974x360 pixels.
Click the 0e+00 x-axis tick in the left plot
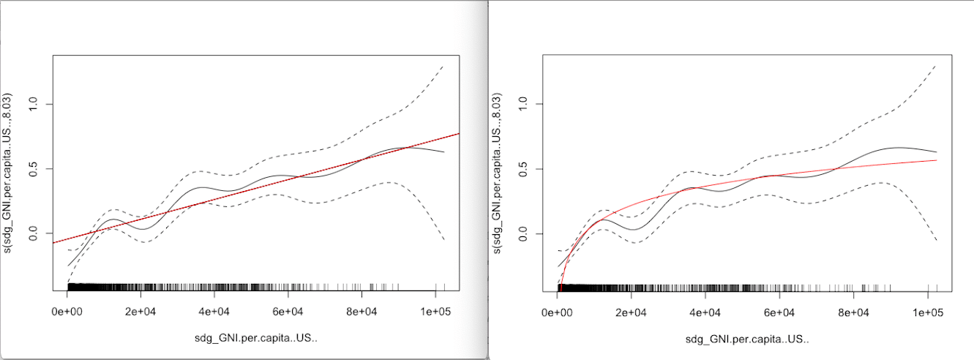[x=67, y=312]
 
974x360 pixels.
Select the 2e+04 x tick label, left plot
[x=141, y=312]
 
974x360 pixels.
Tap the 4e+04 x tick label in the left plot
[x=214, y=312]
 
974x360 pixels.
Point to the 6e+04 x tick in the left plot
[x=288, y=312]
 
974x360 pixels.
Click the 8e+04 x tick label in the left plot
[x=361, y=312]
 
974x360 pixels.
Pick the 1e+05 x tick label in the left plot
[x=435, y=312]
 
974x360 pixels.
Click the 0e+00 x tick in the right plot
[x=557, y=312]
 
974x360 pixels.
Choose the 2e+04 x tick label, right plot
[x=631, y=312]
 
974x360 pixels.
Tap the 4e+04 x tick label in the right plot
[x=705, y=312]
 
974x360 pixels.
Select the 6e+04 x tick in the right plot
[x=779, y=312]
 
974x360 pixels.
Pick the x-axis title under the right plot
[x=747, y=340]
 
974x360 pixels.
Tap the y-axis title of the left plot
[x=9, y=173]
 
